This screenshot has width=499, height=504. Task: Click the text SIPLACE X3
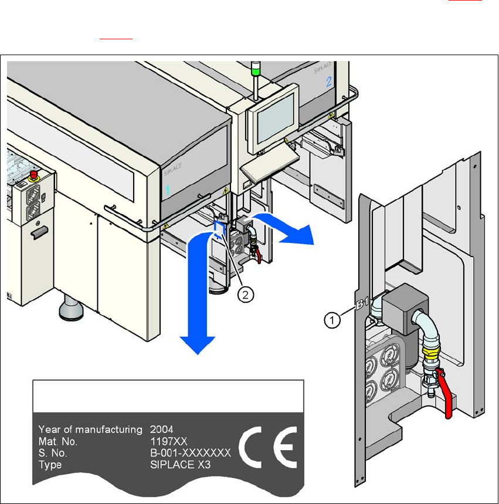pyautogui.click(x=178, y=465)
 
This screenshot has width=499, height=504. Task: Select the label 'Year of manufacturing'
pyautogui.click(x=90, y=429)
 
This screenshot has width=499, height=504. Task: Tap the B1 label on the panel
pyautogui.click(x=362, y=305)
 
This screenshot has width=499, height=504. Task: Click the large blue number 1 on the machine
pyautogui.click(x=167, y=190)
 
